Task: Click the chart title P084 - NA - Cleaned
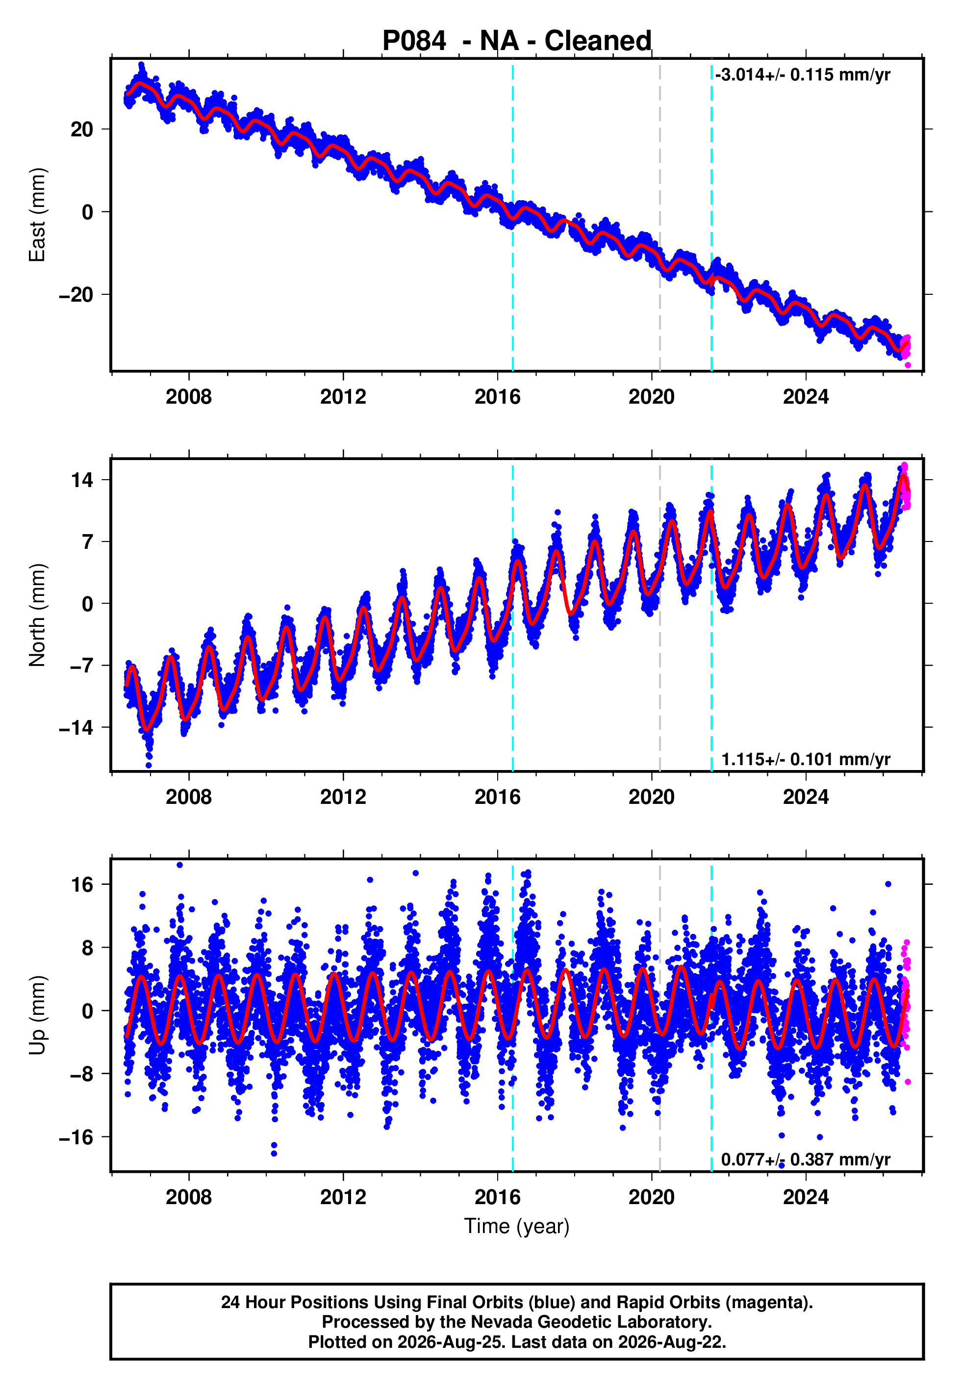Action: tap(517, 41)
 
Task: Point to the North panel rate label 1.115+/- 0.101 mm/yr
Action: tap(806, 759)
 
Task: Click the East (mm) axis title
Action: tap(37, 215)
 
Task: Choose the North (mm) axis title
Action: tap(37, 615)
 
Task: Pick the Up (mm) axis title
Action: tap(37, 1015)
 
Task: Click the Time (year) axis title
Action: tap(517, 1226)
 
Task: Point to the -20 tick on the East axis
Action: tap(76, 295)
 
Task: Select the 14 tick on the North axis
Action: tap(82, 480)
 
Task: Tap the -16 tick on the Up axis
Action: tap(76, 1137)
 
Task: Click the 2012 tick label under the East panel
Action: tap(343, 397)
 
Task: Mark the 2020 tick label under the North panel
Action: tap(652, 797)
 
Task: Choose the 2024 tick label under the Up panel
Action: tap(806, 1197)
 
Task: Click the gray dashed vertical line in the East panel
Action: tap(659, 215)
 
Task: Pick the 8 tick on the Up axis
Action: tap(88, 948)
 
